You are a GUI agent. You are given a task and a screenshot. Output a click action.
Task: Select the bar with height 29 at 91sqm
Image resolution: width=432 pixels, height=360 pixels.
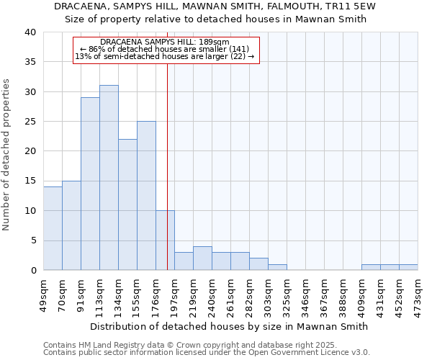point(90,184)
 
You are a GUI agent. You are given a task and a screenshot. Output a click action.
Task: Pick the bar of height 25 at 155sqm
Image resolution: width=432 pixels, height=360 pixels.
point(146,196)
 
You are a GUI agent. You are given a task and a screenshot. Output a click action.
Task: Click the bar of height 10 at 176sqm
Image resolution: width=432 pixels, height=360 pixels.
point(165,240)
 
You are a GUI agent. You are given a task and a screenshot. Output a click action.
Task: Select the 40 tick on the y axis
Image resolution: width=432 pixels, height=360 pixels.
point(30,32)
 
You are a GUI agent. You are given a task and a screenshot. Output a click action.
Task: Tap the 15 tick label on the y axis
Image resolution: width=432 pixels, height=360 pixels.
point(30,181)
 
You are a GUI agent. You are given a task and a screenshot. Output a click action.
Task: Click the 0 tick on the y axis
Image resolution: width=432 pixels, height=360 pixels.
point(32,270)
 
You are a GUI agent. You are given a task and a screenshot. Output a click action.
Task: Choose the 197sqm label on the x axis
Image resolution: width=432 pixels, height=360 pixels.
point(174,293)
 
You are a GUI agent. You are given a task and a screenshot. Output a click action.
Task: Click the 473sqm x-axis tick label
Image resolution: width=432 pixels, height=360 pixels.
point(418,293)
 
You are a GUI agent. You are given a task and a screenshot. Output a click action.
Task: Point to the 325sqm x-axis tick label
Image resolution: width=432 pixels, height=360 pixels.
point(287,293)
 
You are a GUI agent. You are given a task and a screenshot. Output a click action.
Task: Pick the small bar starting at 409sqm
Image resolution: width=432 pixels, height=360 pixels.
point(371,267)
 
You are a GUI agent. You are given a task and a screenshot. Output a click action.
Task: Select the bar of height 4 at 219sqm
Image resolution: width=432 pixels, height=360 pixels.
point(202,258)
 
